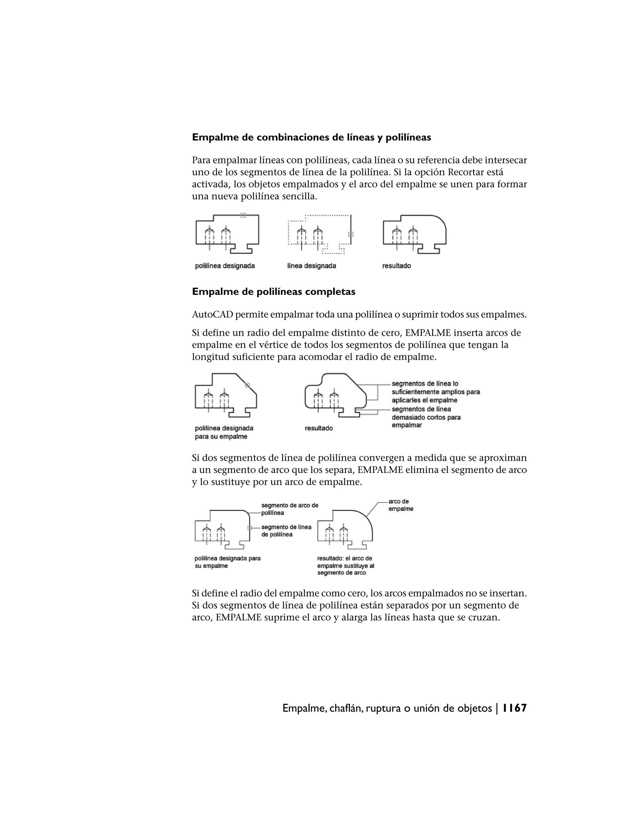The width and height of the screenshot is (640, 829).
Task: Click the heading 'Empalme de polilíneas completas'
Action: point(273,292)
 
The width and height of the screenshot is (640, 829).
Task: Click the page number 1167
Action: point(514,708)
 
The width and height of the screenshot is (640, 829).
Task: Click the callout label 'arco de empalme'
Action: point(400,505)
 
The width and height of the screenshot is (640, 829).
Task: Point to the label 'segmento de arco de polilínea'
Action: point(289,509)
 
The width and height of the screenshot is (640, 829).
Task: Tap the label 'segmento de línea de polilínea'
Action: point(286,531)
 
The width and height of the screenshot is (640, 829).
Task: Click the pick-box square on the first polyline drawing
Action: point(243,215)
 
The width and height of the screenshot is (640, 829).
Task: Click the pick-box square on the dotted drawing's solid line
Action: point(351,234)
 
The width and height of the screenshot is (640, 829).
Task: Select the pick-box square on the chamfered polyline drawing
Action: point(247,385)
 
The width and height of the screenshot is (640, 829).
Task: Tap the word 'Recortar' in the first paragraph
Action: point(464,172)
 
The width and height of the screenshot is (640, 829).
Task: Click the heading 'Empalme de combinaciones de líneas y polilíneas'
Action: point(311,137)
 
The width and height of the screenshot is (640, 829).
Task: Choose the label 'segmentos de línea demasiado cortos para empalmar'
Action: point(426,417)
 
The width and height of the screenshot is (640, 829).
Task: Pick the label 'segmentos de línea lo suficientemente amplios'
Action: point(435,392)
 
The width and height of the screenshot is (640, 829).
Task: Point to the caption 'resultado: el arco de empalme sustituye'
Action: point(345,565)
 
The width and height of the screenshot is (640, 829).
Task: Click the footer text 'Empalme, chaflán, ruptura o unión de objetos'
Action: point(387,708)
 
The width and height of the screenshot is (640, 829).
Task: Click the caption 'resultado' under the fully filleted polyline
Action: point(318,428)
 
